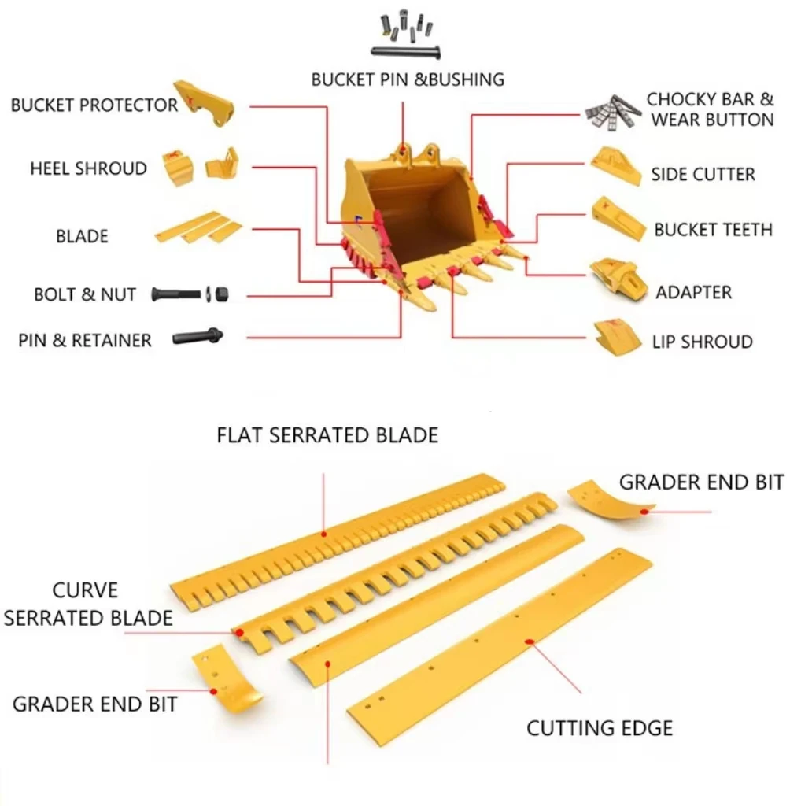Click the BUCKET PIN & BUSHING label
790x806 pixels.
407,79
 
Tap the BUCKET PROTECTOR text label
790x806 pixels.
94,105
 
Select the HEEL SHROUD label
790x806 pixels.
88,168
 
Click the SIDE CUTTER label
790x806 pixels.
702,175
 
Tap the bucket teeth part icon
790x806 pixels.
618,218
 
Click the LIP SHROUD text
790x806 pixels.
702,342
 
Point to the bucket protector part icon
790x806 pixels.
203,102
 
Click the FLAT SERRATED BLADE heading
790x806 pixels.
327,435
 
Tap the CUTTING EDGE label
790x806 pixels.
600,728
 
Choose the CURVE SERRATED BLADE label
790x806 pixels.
87,604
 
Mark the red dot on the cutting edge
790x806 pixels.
530,642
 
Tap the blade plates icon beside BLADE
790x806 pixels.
198,227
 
